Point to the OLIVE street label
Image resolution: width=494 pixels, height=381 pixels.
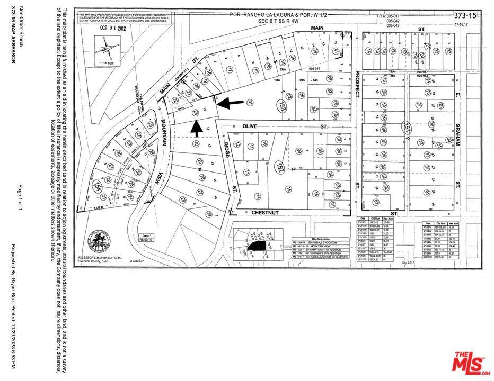249,127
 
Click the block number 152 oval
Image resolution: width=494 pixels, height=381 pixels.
278,167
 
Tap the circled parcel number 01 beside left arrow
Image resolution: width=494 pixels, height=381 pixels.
250,102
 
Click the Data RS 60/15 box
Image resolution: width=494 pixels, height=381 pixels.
144,237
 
